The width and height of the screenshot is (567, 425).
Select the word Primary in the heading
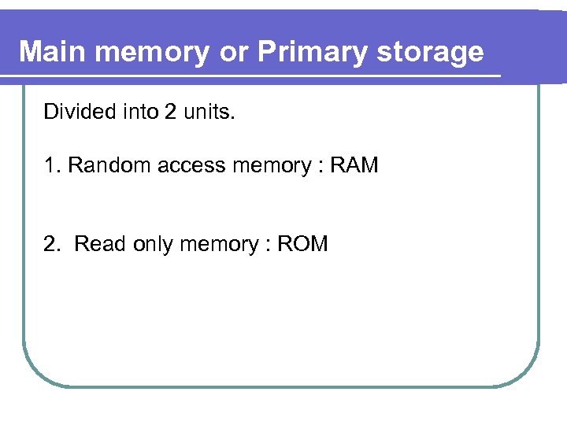(x=302, y=52)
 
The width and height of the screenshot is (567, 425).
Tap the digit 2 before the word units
(x=170, y=112)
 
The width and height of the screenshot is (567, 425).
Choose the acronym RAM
(x=354, y=165)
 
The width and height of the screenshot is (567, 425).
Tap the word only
(x=152, y=244)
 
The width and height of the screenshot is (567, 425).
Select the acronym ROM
(x=302, y=244)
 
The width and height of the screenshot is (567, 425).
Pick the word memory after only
(x=218, y=244)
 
